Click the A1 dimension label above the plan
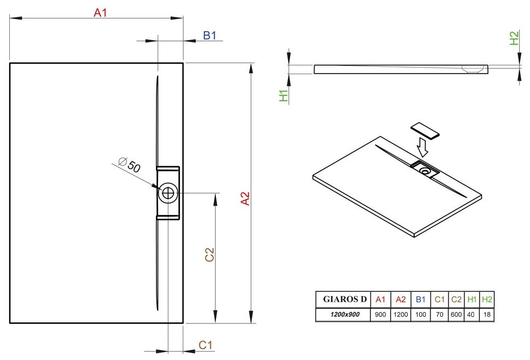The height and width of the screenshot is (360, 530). [100, 13]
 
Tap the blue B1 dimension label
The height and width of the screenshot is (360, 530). [210, 35]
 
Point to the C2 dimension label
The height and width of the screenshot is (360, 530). [209, 254]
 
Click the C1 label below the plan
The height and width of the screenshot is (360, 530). [205, 345]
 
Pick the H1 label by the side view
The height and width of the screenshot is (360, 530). [283, 95]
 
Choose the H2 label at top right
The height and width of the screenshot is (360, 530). [514, 38]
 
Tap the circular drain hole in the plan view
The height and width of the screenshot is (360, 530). [168, 193]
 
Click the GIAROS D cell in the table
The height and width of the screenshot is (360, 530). [345, 299]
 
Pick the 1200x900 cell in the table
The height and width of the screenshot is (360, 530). [344, 315]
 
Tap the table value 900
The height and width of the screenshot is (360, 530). [381, 315]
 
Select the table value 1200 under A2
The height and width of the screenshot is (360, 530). [400, 315]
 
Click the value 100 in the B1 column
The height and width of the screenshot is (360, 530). [420, 315]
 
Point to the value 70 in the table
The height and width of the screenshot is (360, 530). [439, 315]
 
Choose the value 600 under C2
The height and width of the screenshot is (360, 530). [457, 315]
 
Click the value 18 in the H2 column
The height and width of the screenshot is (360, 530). [487, 315]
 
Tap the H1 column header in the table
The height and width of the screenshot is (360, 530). [472, 299]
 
